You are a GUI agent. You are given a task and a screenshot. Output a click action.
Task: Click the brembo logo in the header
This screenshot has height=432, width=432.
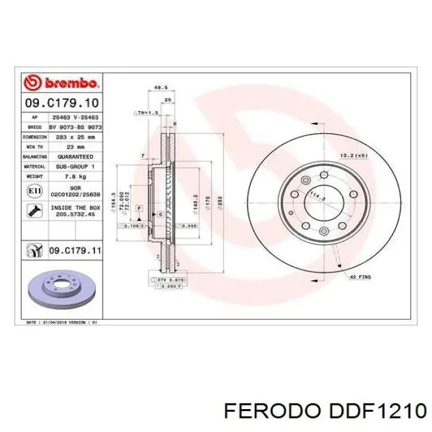click(x=60, y=82)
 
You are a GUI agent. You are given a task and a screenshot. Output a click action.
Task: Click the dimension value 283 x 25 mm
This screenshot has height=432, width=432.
click(x=75, y=136)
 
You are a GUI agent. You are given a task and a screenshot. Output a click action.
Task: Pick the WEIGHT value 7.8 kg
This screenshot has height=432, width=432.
click(x=75, y=177)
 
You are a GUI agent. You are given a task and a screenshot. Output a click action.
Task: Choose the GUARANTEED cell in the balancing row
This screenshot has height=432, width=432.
click(x=75, y=157)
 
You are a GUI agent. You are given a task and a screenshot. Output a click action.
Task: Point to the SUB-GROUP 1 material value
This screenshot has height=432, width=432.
click(x=75, y=167)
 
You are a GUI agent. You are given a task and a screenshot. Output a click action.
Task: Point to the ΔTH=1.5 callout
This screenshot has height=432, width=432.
click(x=147, y=114)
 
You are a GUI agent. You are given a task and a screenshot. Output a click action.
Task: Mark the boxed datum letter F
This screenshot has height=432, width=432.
click(x=139, y=208)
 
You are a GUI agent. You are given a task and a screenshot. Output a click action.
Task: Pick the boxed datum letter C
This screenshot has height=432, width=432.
click(x=160, y=214)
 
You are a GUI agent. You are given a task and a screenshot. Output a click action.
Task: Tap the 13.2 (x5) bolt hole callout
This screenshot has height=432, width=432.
click(x=354, y=156)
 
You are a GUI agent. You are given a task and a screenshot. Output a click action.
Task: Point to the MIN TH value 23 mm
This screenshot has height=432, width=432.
click(x=75, y=147)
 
